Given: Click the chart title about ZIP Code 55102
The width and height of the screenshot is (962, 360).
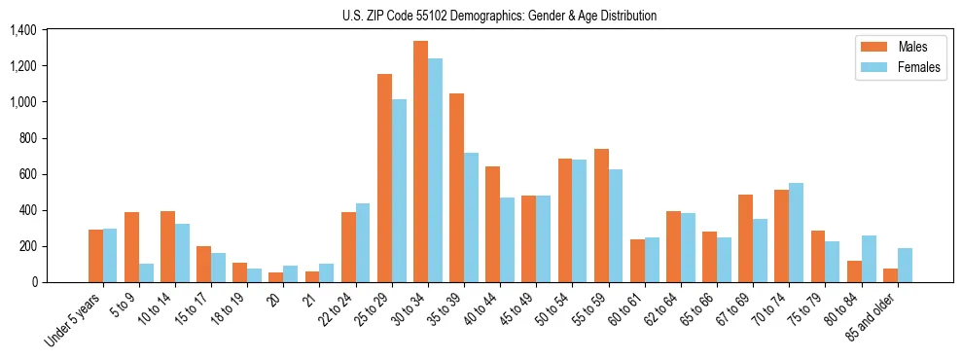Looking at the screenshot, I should point(499,16).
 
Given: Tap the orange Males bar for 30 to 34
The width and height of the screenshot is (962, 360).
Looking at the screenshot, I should point(420,162).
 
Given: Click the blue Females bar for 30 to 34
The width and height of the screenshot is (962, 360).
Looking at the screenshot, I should point(435,170).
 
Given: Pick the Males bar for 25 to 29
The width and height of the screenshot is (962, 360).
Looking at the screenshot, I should point(384,178).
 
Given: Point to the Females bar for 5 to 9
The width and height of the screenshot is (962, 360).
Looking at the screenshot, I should point(146,272).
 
